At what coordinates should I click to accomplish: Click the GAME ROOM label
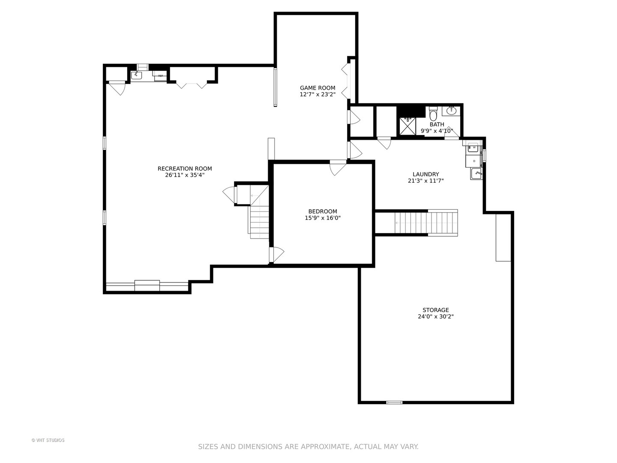tap(317, 88)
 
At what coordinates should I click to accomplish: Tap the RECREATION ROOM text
tap(185, 168)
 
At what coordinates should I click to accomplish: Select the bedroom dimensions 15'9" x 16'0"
tap(323, 218)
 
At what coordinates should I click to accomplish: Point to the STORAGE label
tap(436, 310)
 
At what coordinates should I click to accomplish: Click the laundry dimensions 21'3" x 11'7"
tap(425, 181)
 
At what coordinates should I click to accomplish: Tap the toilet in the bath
tap(434, 113)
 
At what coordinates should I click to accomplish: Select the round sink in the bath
tap(451, 111)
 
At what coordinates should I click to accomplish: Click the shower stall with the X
tap(407, 126)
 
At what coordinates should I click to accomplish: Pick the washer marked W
tap(474, 147)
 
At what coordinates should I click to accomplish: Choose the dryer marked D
tap(474, 161)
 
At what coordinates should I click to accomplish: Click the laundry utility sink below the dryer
tap(476, 174)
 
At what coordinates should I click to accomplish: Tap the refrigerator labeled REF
tap(160, 75)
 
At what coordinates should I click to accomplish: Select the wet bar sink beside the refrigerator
tap(137, 75)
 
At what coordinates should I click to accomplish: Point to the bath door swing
tap(452, 133)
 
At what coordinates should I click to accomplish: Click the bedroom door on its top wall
tap(337, 168)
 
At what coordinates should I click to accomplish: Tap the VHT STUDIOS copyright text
tap(48, 440)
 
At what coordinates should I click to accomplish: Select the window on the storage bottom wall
tap(394, 403)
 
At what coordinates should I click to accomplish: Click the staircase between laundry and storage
tap(426, 223)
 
